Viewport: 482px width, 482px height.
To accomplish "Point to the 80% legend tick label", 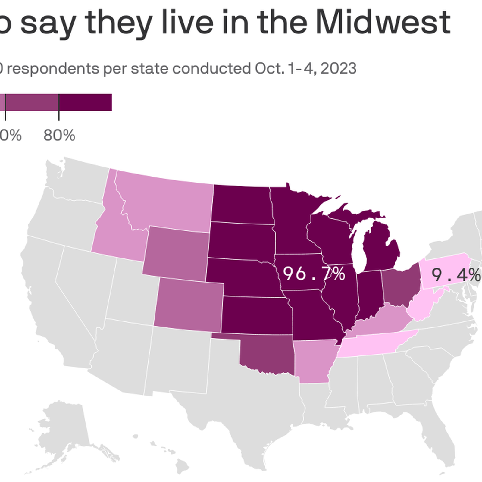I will pos(59,136).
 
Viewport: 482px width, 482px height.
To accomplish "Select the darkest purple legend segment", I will pos(85,102).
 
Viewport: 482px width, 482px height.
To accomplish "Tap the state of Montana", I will pos(169,205).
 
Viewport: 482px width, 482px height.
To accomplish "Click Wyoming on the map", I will pos(176,253).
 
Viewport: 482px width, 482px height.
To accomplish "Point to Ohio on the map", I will pos(401,286).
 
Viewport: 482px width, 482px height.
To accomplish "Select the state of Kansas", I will pos(256,315).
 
